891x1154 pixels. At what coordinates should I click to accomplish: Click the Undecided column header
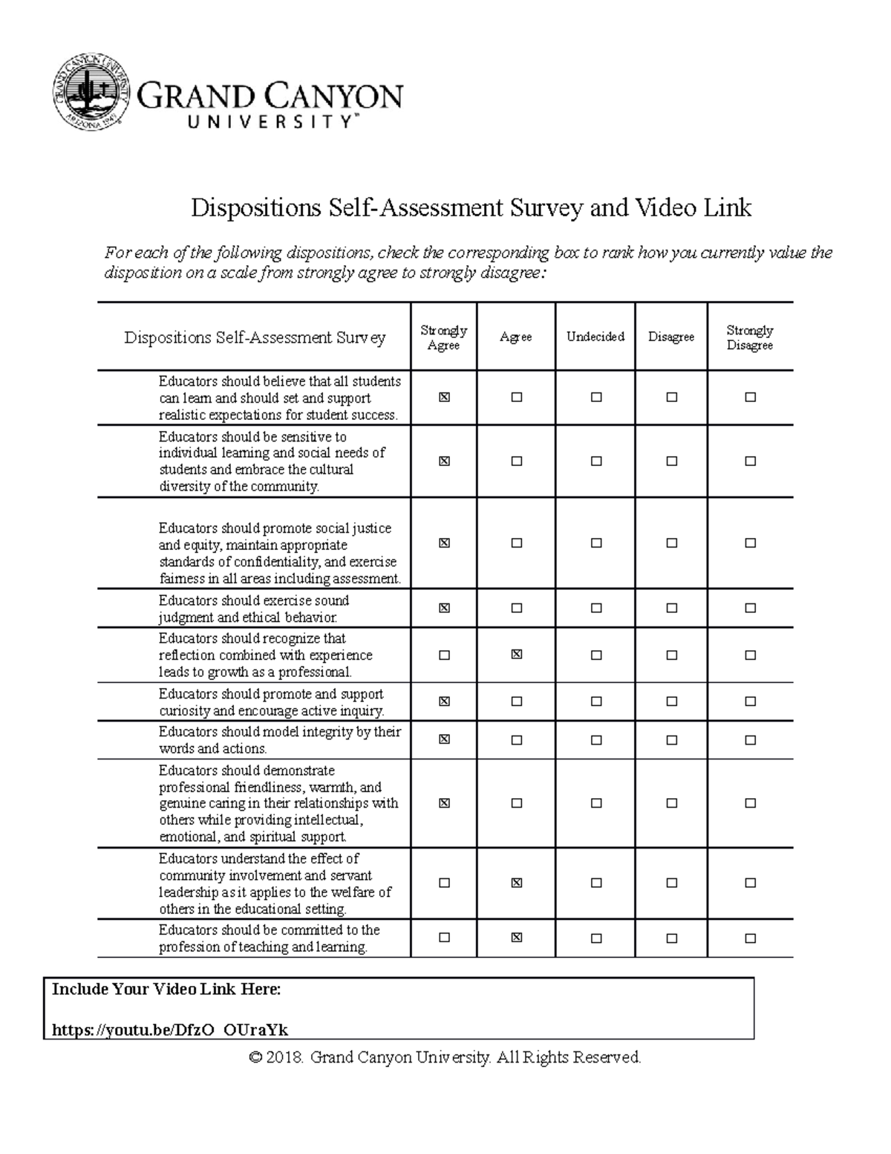pos(595,337)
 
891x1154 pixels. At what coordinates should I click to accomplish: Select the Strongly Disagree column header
pos(749,337)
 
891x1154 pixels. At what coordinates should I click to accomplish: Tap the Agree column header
pos(515,337)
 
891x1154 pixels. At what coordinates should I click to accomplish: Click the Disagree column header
pos(670,337)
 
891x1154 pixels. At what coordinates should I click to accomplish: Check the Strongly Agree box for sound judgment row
pos(444,608)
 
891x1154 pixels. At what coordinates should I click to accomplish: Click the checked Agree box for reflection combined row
pos(517,655)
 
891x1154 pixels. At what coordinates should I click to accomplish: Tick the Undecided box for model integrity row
pos(595,740)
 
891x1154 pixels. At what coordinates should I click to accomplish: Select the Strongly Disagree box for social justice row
pos(750,543)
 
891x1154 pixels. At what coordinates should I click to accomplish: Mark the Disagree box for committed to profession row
pos(671,938)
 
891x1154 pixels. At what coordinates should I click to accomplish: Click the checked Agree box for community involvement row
pos(517,883)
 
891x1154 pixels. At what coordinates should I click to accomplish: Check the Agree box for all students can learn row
pos(517,398)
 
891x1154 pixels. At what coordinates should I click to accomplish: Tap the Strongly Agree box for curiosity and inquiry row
pos(444,701)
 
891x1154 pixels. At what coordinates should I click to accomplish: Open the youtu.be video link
pos(170,1030)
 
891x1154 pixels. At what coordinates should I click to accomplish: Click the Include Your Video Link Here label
pos(166,989)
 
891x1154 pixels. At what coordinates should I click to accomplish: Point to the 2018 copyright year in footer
pos(285,1057)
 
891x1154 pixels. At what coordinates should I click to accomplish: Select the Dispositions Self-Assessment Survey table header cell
pos(255,337)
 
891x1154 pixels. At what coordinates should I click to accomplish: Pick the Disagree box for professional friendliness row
pos(671,803)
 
